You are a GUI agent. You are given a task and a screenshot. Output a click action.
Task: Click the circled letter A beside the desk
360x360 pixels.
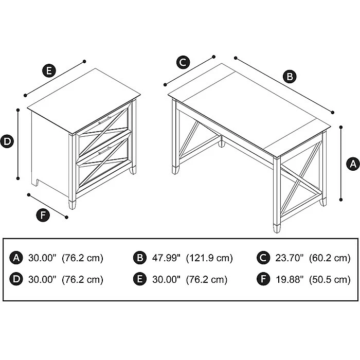[x=352, y=164]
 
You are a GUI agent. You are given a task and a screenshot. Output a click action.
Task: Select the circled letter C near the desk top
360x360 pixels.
[x=183, y=63]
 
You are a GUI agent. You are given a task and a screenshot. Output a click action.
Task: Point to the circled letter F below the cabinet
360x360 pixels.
[x=43, y=215]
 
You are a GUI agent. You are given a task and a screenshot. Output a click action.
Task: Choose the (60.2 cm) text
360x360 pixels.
[x=330, y=258]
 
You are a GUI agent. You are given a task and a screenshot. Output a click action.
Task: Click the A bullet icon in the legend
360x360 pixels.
[x=16, y=258]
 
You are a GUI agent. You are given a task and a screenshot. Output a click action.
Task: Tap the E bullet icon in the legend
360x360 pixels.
[x=139, y=280]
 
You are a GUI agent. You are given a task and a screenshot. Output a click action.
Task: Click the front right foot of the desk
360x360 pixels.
[x=279, y=225]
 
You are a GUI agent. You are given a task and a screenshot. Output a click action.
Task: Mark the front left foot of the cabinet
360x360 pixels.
[x=72, y=204]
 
